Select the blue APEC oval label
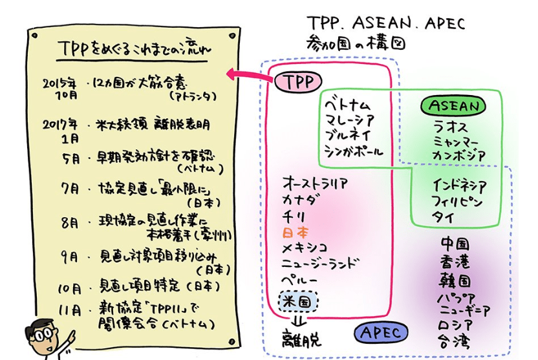[381, 332]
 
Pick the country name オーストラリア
[315, 184]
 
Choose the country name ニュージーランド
[320, 264]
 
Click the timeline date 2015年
[59, 83]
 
